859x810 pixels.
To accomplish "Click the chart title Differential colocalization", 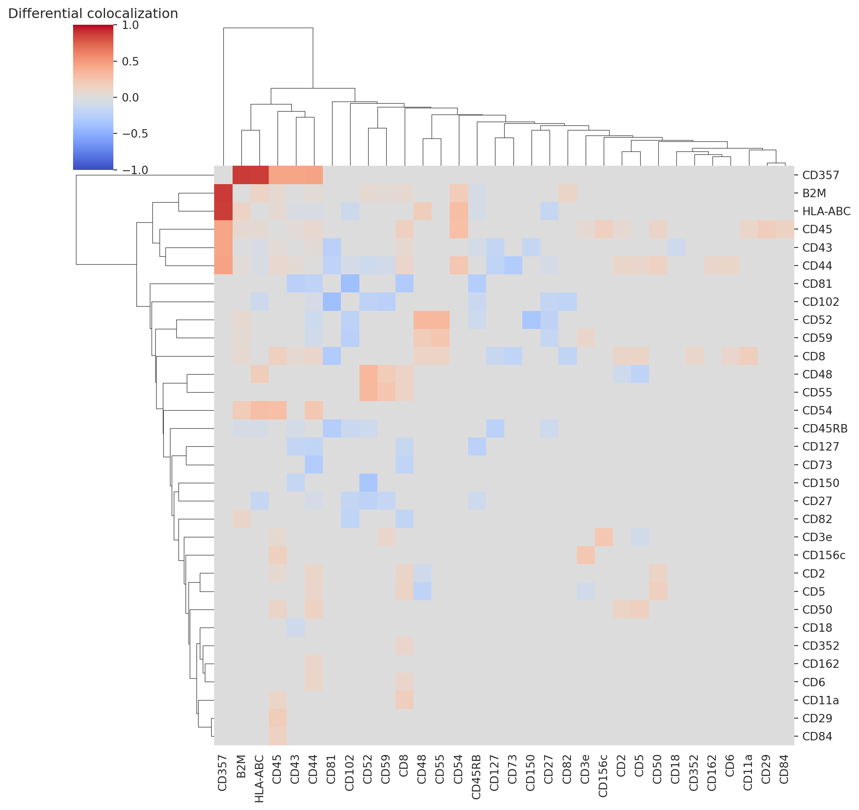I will (93, 14).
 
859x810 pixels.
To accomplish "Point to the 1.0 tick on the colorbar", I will (130, 25).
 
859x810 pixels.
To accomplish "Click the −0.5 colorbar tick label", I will (135, 134).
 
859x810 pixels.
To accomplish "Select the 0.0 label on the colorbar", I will (130, 98).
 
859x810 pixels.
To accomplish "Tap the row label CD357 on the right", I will (820, 175).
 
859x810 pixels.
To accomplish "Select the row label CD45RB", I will (825, 429).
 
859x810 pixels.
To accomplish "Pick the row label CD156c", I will (824, 555).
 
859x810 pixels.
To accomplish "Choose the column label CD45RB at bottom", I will (476, 777).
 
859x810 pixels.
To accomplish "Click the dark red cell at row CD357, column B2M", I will (241, 175).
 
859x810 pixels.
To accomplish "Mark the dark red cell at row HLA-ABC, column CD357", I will (223, 211).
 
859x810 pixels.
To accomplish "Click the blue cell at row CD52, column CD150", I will (531, 320).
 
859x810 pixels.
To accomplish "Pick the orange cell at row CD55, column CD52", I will (368, 392).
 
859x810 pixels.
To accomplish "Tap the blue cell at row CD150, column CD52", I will (368, 483).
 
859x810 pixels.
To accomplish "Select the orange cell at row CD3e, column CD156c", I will (604, 537).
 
